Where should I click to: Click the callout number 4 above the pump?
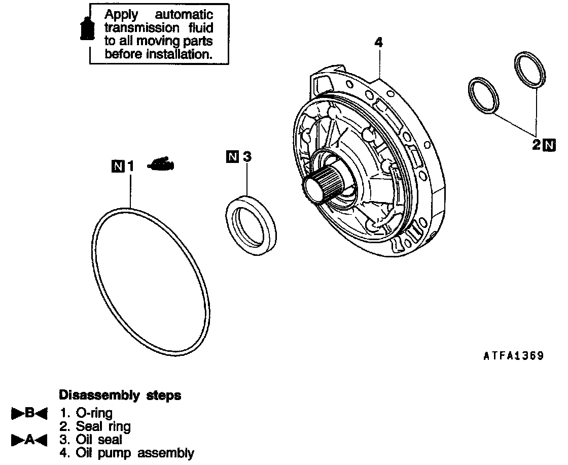click(378, 42)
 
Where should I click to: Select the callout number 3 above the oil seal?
click(246, 157)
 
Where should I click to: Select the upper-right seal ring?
click(530, 68)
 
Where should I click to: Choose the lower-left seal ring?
click(484, 95)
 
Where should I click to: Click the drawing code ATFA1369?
click(513, 356)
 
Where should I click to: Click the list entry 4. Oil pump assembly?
click(127, 453)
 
